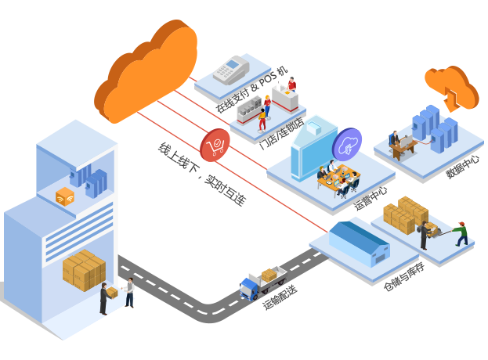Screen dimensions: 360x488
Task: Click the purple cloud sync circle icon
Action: pos(347,144)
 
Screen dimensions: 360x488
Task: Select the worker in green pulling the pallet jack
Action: pos(461,232)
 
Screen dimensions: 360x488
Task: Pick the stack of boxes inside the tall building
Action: pos(84,270)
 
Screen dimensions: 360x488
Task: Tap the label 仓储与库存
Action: pos(403,276)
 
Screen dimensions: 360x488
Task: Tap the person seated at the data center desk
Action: pos(396,142)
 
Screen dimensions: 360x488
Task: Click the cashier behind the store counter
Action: pos(291,85)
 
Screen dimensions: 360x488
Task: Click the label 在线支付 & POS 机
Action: pos(251,88)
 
